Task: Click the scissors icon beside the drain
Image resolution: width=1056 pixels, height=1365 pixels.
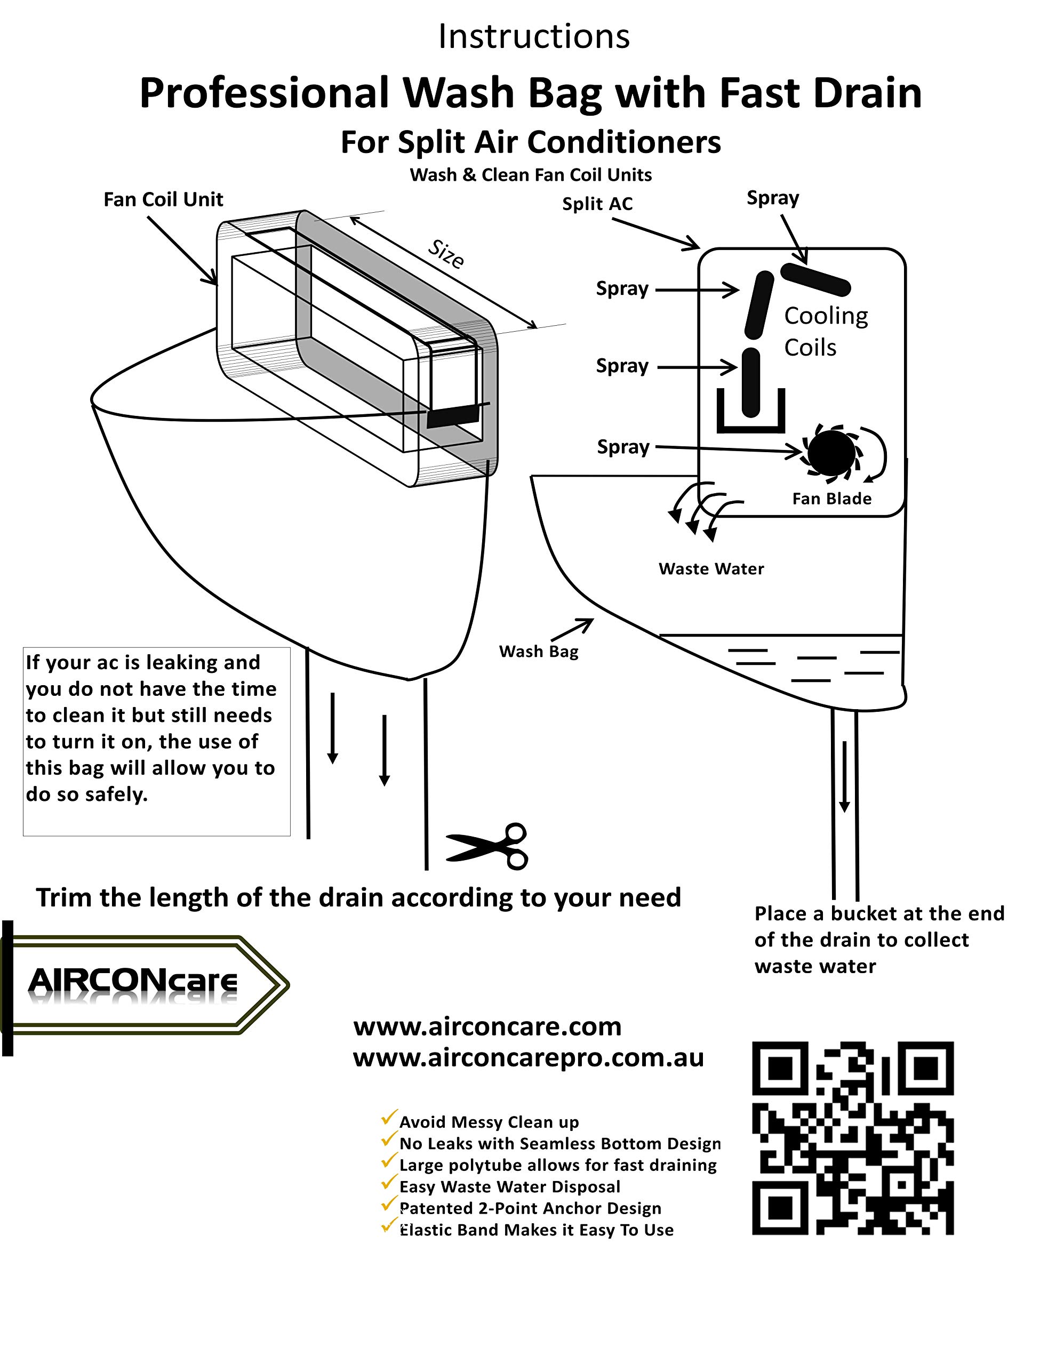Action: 487,846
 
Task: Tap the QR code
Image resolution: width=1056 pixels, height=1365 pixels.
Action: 852,1138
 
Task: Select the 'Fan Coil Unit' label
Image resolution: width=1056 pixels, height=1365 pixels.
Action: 163,199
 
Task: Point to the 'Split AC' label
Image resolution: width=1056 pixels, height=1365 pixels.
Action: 597,204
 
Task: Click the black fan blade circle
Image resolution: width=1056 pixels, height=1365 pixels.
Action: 831,453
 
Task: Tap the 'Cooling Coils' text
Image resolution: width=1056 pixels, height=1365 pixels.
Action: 825,331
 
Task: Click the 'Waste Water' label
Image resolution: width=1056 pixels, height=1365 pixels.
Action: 711,569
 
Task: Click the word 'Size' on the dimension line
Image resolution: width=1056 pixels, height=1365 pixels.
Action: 446,253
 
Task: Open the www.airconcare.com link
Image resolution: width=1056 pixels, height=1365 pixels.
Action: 487,1026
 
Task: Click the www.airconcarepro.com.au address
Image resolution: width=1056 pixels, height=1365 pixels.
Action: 529,1057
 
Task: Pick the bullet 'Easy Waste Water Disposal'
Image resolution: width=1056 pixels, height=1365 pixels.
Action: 509,1186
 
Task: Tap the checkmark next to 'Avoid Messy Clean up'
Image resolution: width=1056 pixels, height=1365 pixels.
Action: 389,1118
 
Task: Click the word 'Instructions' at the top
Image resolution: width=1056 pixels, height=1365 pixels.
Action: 533,36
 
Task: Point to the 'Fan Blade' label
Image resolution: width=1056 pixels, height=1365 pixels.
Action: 831,499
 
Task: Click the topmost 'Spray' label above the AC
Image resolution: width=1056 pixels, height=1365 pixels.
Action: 772,198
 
